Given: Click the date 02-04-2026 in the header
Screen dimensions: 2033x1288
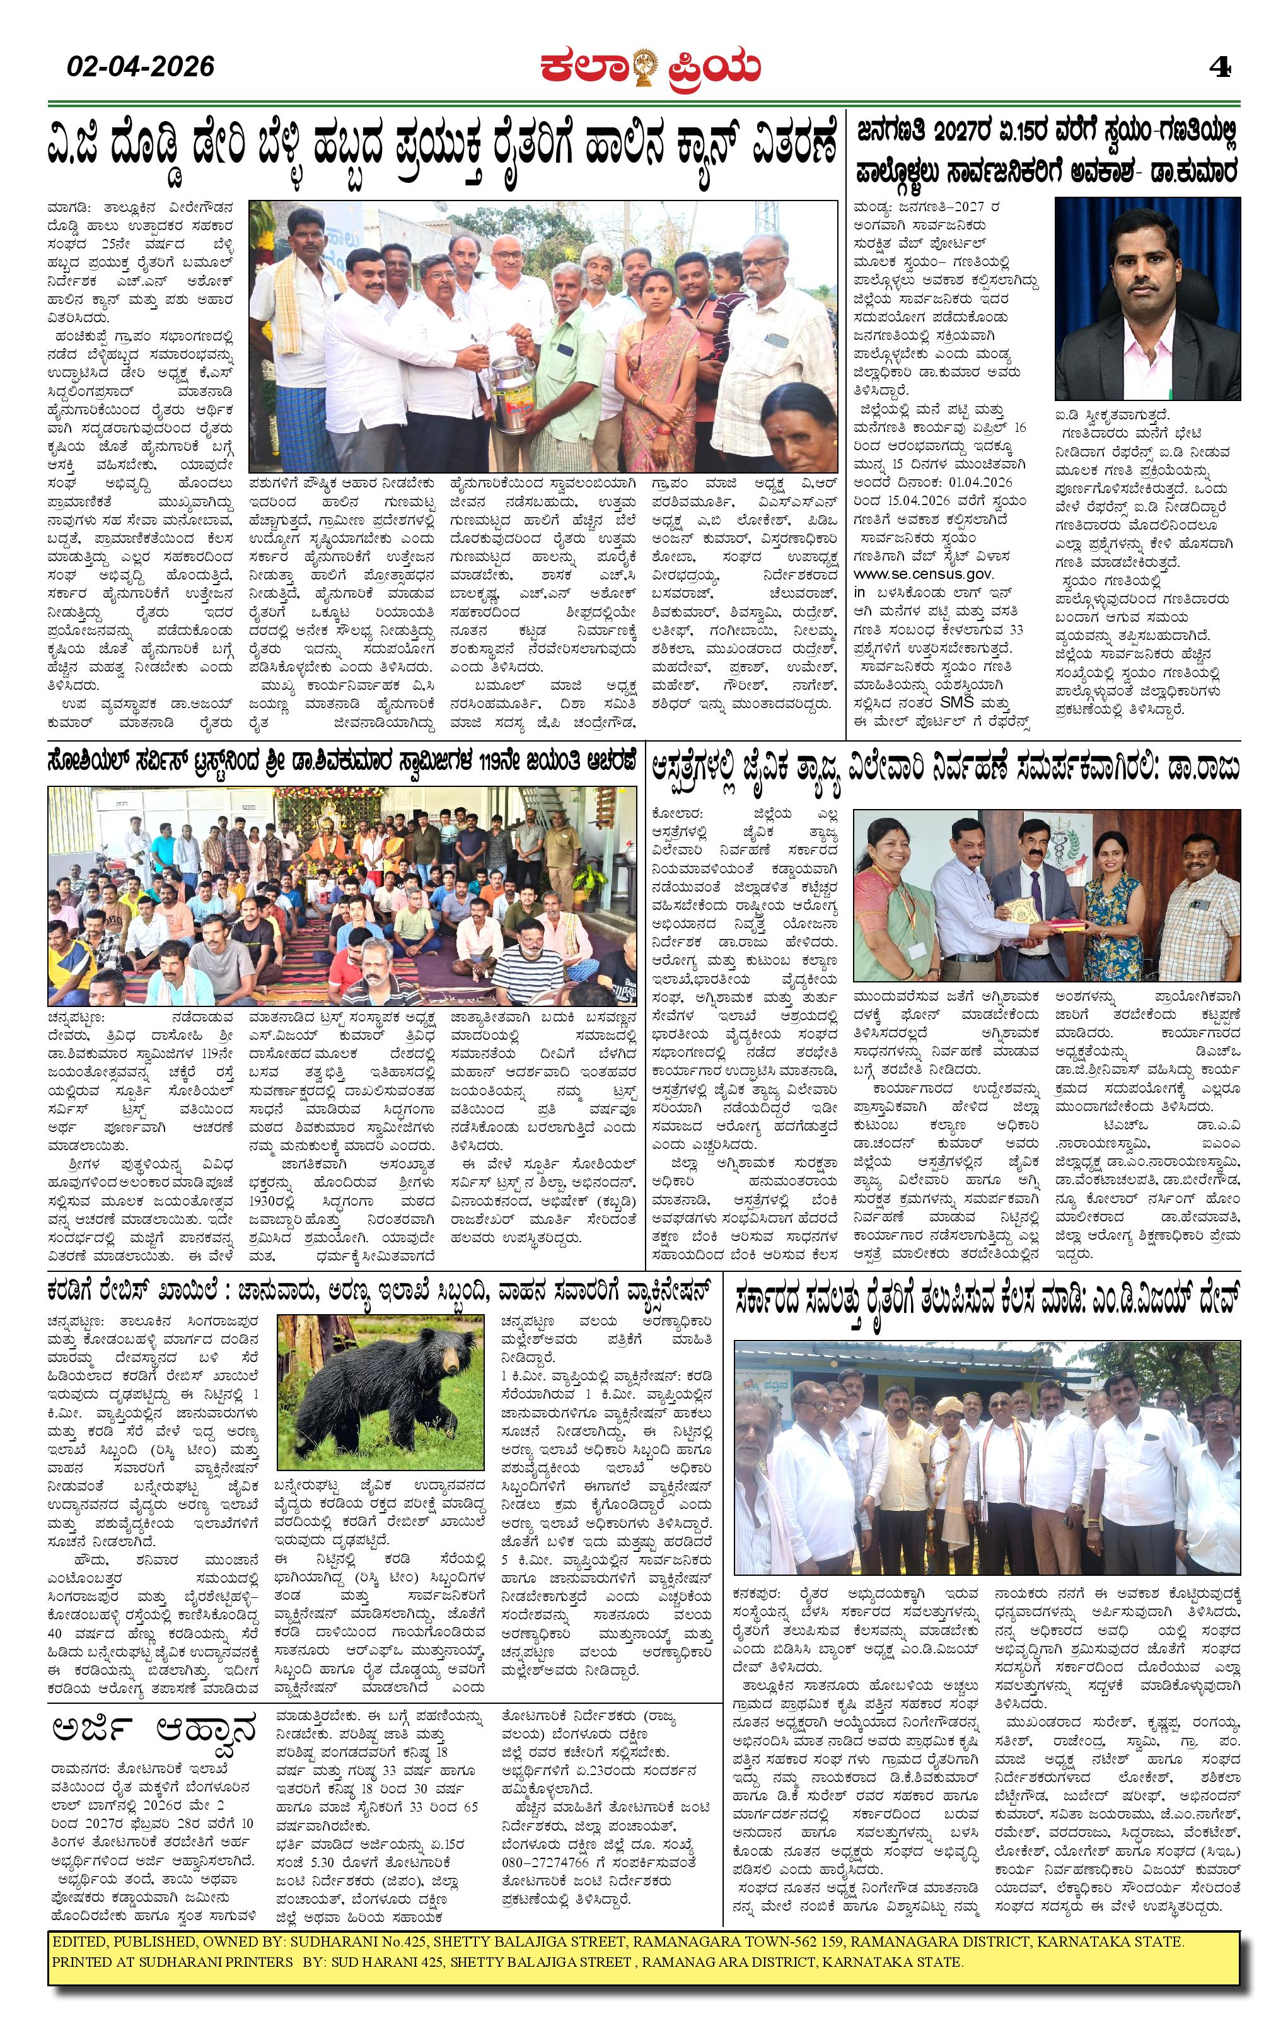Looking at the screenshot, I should click(x=141, y=66).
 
